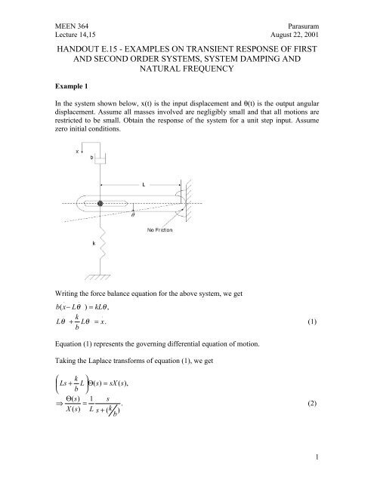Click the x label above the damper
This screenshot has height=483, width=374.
pos(77,150)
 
